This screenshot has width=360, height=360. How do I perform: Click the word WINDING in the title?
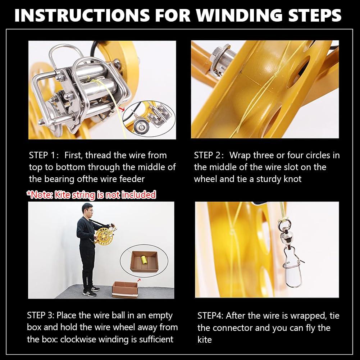[x=239, y=15]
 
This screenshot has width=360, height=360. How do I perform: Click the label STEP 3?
[x=40, y=315]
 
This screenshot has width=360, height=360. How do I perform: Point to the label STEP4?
[x=210, y=316]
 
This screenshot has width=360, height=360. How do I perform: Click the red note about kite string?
[x=91, y=195]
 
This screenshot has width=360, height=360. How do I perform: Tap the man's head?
[x=88, y=209]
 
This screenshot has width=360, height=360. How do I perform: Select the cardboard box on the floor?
[x=125, y=290]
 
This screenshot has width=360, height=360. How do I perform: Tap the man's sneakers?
[x=91, y=291]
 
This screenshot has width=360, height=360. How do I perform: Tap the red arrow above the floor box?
[x=139, y=280]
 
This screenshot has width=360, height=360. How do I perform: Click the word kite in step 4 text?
[x=204, y=340]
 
